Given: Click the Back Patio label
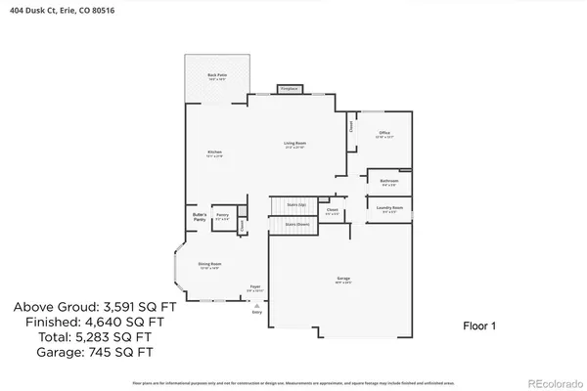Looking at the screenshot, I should [211, 76].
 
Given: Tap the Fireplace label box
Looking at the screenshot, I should [288, 88].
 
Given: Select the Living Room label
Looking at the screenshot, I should [294, 146].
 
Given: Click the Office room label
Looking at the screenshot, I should [384, 134].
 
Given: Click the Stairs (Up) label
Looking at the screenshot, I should [295, 204].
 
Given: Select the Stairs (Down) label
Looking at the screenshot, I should [296, 224].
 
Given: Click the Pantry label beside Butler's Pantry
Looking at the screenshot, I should [222, 216].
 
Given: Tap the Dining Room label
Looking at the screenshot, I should [209, 264].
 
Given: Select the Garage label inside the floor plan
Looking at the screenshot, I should [343, 281].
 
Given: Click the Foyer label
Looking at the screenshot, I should [254, 288].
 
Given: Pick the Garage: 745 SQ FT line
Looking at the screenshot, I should [82, 352].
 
